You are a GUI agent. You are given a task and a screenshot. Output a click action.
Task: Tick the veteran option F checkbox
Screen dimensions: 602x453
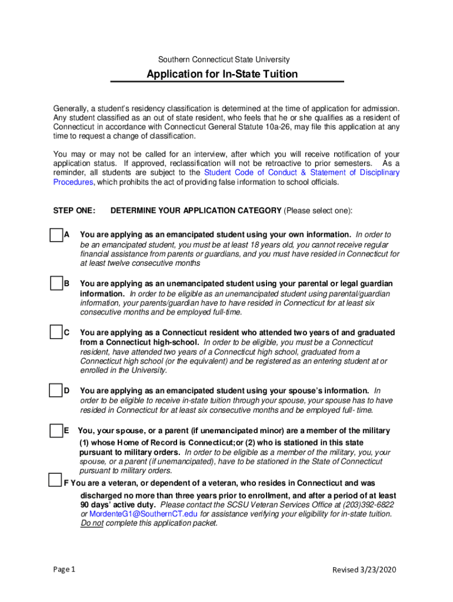click(x=55, y=479)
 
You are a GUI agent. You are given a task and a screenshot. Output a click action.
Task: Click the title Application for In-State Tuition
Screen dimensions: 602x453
click(x=222, y=74)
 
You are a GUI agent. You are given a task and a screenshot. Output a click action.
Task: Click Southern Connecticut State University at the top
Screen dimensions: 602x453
click(x=224, y=60)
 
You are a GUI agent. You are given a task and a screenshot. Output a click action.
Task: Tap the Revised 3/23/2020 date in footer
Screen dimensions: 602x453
click(x=366, y=570)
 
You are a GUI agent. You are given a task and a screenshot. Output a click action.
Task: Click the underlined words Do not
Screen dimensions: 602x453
click(x=92, y=523)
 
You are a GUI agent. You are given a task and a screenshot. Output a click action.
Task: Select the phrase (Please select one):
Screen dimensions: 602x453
click(x=318, y=210)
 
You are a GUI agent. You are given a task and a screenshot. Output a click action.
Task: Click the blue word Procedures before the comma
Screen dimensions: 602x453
click(x=73, y=182)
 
